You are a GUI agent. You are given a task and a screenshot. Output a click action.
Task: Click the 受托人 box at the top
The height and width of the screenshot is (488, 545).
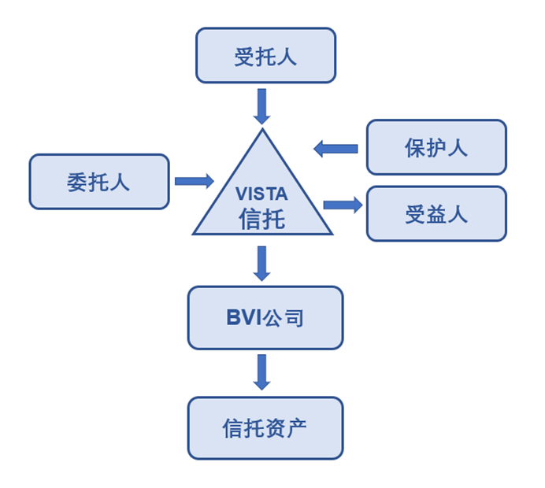coord(265,56)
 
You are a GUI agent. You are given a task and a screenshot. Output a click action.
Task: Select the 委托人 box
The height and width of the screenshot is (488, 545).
coord(99,182)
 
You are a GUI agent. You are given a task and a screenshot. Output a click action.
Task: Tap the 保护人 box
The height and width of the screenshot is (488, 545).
coord(436,147)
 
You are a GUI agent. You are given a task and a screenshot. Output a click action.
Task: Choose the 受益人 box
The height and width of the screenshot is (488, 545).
coord(436,213)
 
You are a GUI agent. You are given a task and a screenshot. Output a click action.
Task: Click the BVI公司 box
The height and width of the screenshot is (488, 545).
coord(265,318)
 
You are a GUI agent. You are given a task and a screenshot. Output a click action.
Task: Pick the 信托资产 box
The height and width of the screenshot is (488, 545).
coord(265,428)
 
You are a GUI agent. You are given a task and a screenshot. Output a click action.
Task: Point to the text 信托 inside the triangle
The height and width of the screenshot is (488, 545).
coord(262,218)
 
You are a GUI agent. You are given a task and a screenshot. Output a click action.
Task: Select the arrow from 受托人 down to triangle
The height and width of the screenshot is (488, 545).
coord(262,105)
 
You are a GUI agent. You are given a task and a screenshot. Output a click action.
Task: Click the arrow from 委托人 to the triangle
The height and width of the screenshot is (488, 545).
coord(194,181)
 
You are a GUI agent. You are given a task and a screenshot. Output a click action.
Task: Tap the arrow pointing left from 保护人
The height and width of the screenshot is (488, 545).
coord(336,147)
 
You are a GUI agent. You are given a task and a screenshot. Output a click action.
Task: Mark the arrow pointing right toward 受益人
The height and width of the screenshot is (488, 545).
coord(343,205)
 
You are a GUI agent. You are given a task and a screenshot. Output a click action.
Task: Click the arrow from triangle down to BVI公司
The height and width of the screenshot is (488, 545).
coord(262,264)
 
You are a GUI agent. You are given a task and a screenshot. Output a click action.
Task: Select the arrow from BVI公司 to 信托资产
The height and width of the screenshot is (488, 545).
coord(262,372)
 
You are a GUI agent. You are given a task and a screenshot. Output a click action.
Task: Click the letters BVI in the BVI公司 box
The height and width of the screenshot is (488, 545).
coord(244,318)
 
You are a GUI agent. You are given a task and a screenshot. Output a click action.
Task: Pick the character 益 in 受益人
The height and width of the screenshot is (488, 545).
coord(436,213)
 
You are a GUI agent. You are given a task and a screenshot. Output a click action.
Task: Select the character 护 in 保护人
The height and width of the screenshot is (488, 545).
coord(436,147)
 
